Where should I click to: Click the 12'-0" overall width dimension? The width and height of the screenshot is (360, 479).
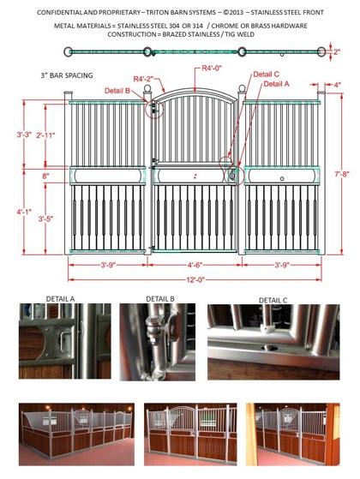[x=195, y=279]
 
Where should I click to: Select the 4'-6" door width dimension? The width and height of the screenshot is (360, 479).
[x=195, y=265]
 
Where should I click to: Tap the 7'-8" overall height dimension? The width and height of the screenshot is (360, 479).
[x=342, y=174]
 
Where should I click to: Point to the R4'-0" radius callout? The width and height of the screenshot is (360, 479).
[x=212, y=68]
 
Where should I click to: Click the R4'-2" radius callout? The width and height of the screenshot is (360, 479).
[x=143, y=79]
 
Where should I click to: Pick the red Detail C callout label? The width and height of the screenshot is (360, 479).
[x=266, y=75]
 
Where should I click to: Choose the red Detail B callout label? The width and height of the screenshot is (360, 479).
[x=117, y=91]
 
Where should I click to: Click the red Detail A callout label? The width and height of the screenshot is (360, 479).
[x=276, y=84]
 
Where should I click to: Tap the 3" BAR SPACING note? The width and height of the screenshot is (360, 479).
[x=67, y=75]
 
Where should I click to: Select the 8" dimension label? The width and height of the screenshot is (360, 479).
[x=45, y=177]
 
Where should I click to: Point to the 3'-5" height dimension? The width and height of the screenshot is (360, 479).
[x=45, y=219]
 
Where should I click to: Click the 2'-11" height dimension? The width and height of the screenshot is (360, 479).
[x=45, y=135]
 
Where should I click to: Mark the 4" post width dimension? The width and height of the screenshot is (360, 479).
[x=337, y=85]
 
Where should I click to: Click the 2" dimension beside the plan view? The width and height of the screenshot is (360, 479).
[x=337, y=52]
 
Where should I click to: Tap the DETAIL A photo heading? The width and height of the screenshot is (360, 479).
[x=60, y=299]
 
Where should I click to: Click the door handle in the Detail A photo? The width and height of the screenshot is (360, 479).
[x=63, y=342]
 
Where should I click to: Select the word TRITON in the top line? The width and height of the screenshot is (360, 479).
[x=155, y=13]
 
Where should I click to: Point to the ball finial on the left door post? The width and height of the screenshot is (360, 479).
[x=147, y=89]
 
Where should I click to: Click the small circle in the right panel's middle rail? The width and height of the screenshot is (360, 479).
[x=282, y=178]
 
